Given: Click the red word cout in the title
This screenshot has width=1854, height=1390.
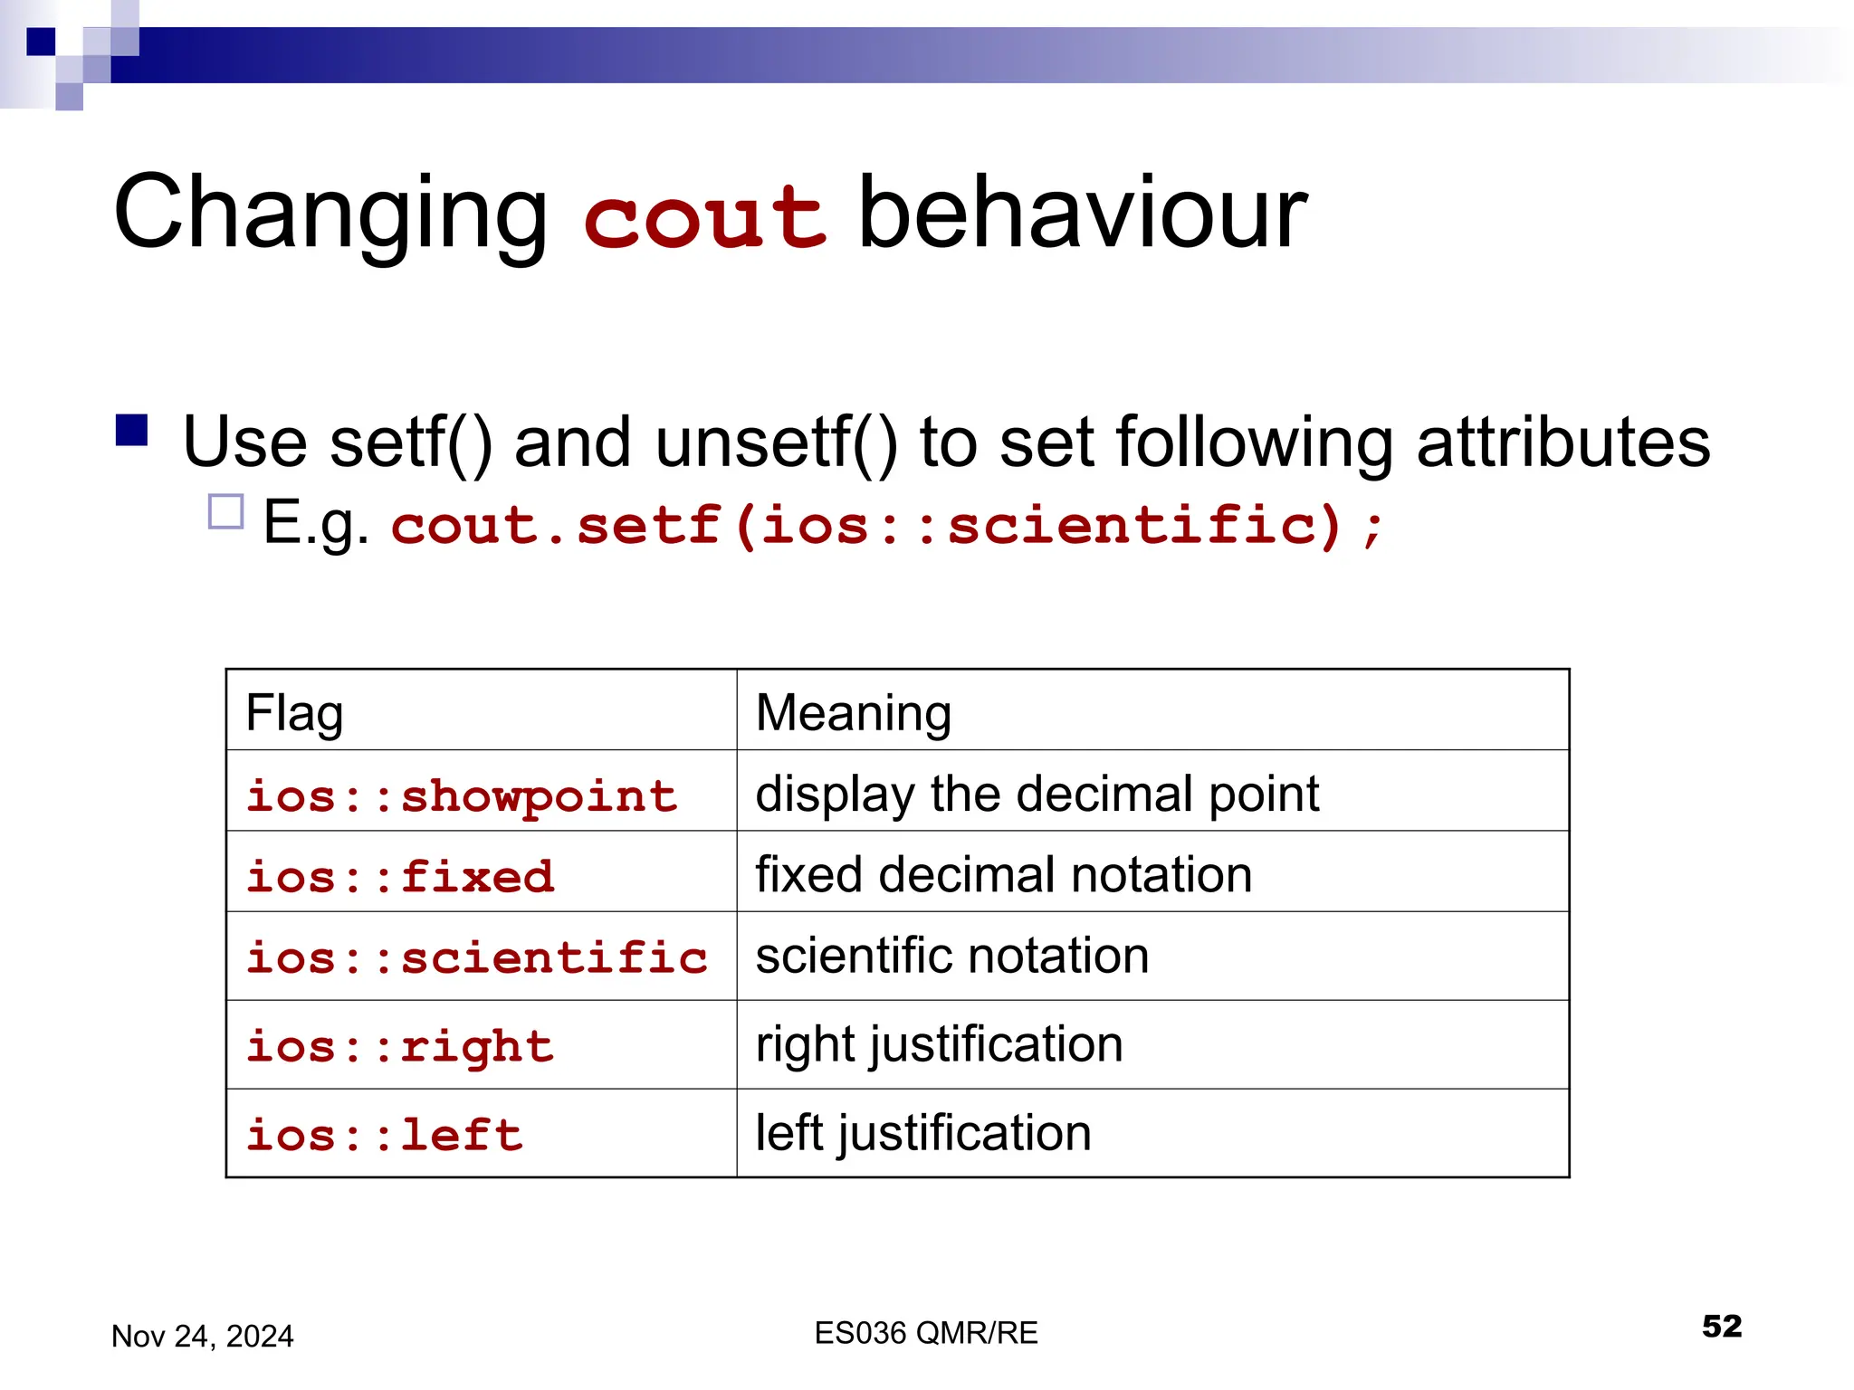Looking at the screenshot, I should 704,217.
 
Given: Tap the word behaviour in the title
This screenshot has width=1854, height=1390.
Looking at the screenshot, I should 1081,214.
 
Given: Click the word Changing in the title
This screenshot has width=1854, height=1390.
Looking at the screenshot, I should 330,214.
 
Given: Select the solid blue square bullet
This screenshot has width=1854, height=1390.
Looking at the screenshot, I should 132,431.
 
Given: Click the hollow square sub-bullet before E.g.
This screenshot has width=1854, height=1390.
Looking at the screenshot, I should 225,511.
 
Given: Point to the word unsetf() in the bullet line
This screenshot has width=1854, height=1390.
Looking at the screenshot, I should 776,443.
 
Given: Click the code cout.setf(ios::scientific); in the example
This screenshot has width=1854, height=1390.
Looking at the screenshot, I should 887,526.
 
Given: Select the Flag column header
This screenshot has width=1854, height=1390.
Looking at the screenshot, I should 295,712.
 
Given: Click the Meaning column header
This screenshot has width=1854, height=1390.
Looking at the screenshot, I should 853,712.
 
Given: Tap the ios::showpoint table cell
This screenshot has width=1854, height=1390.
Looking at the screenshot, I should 462,795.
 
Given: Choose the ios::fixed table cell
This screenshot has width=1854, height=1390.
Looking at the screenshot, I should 400,876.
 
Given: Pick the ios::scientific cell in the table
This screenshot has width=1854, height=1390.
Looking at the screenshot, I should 477,957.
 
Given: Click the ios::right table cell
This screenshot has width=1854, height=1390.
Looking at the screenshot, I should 400,1046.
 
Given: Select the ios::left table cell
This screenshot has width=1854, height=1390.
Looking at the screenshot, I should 385,1135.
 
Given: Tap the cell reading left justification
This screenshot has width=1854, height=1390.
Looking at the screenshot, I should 923,1133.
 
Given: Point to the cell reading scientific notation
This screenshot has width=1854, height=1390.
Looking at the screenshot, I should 952,956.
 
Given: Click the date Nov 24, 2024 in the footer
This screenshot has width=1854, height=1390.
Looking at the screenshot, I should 202,1336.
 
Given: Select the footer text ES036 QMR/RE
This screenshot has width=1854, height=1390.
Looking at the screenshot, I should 925,1333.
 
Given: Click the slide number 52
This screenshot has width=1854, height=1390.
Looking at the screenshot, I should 1721,1327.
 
